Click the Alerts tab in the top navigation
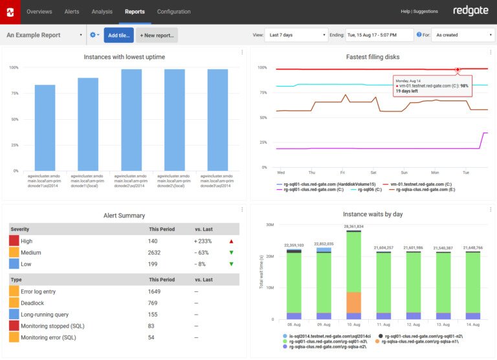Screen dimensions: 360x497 click(72, 12)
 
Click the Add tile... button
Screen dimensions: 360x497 click(118, 35)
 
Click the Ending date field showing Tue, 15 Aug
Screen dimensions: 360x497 click(379, 35)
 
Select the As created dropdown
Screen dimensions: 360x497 click(462, 35)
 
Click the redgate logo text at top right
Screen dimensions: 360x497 click(470, 11)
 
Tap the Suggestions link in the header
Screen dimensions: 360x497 click(426, 12)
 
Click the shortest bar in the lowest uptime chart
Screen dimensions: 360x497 click(45, 128)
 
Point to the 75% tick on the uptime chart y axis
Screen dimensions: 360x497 click(14, 93)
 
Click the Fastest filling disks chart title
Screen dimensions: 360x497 click(373, 57)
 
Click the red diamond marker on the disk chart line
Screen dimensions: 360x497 click(458, 69)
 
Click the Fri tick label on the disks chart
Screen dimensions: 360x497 click(342, 173)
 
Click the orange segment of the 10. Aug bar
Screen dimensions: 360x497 click(353, 302)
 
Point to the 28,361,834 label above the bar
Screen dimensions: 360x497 click(353, 227)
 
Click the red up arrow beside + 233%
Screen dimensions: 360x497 click(232, 241)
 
